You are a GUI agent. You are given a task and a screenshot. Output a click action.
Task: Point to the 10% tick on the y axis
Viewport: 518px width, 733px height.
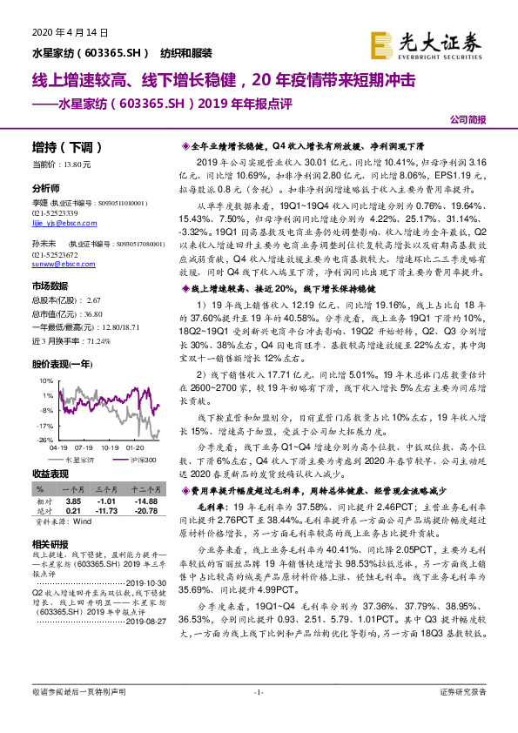tap(42, 381)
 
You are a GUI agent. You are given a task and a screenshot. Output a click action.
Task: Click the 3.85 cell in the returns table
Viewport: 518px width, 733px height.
tap(73, 502)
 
